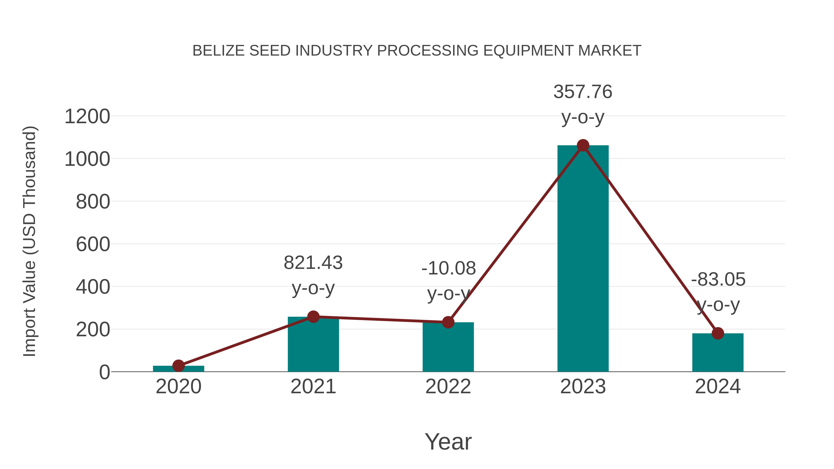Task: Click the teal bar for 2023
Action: pyautogui.click(x=583, y=259)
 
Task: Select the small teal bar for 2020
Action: pyautogui.click(x=178, y=369)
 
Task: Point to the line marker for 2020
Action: pyautogui.click(x=178, y=366)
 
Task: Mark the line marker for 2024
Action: pyautogui.click(x=718, y=333)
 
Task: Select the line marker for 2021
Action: pyautogui.click(x=313, y=317)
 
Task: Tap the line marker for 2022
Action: pyautogui.click(x=448, y=322)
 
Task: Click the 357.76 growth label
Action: pyautogui.click(x=583, y=92)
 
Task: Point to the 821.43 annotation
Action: pyautogui.click(x=313, y=263)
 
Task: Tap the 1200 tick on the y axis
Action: pyautogui.click(x=87, y=116)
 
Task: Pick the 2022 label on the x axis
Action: pyautogui.click(x=448, y=387)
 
